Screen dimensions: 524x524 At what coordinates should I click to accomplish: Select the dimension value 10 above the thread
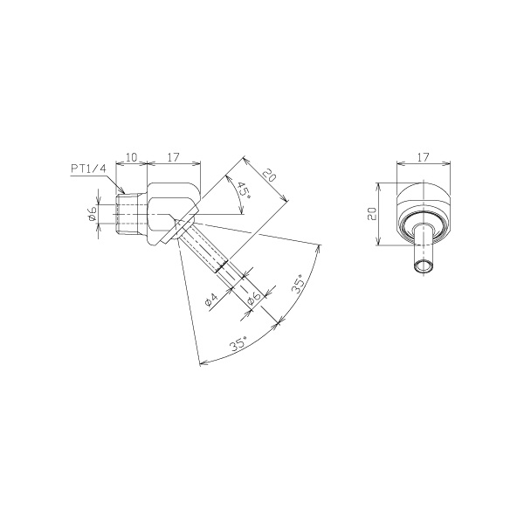click(132, 157)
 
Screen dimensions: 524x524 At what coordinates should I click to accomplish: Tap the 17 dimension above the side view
click(174, 157)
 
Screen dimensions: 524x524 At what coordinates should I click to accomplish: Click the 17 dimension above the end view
click(423, 157)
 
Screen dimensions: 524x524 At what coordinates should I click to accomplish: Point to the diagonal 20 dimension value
click(269, 176)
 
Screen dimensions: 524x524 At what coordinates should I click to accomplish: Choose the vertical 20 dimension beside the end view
click(372, 214)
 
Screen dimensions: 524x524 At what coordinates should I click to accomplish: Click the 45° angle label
click(245, 190)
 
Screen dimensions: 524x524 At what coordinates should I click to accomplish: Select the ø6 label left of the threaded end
click(93, 213)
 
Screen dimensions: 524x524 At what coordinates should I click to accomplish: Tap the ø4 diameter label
click(211, 300)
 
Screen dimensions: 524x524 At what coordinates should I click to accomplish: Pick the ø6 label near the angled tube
click(253, 299)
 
